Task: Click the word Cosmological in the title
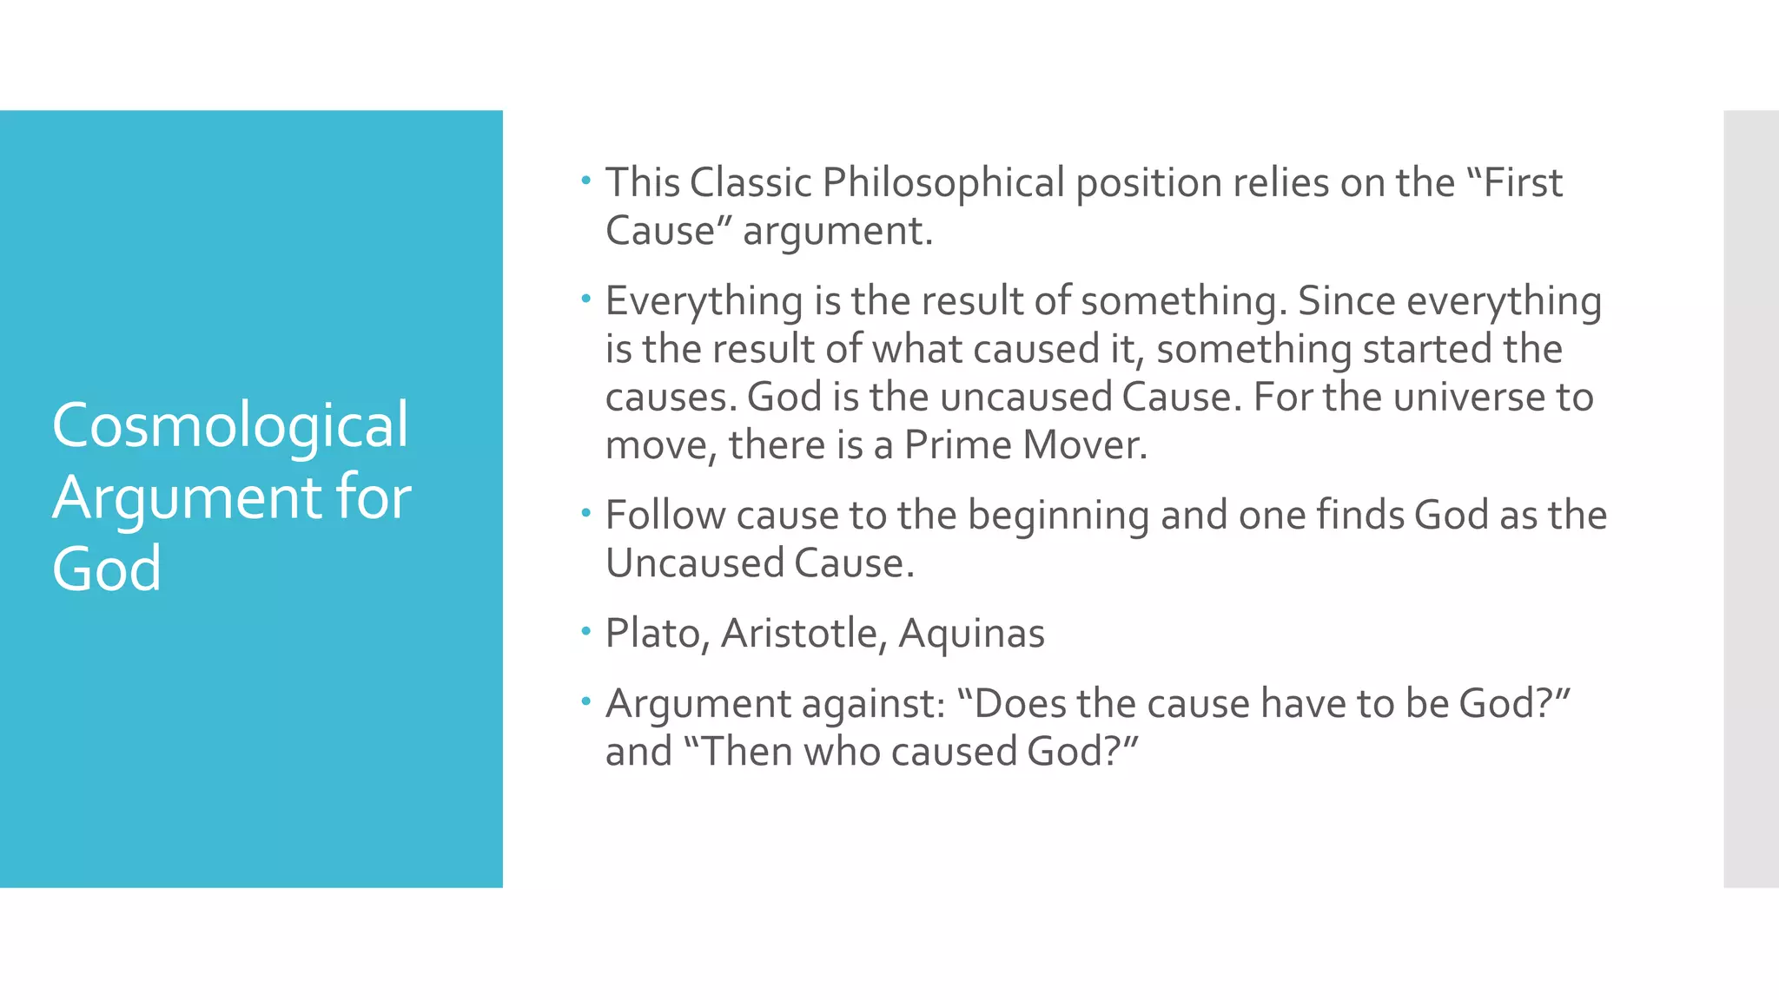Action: pos(230,426)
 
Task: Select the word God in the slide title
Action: pos(107,569)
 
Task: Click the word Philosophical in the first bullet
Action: pos(943,184)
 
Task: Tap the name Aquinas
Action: pos(971,635)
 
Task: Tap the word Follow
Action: pos(665,515)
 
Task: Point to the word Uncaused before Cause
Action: pos(693,563)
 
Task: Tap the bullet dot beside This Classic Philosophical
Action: pos(586,181)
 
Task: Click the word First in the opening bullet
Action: pos(1522,183)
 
